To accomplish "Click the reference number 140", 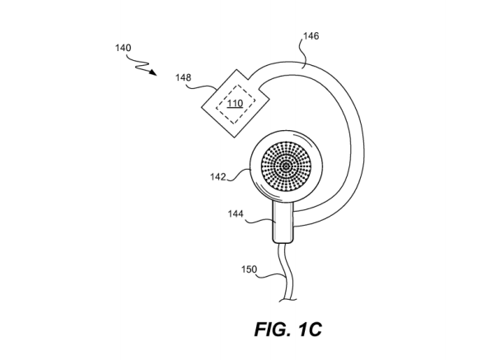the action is (123, 48).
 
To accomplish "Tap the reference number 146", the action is (311, 36).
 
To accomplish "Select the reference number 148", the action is (183, 77).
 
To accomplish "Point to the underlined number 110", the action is (235, 103).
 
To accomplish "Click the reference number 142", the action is (218, 177).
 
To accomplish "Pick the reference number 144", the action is (236, 214).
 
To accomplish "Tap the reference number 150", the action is (250, 269).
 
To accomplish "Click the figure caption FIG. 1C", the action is (288, 330).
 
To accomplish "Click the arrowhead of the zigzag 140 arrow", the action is (152, 72).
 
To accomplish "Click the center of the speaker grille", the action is (286, 166).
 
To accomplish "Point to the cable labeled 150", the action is (286, 272).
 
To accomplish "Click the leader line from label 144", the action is (260, 222).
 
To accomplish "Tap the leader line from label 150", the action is (271, 275).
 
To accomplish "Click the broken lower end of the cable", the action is (288, 301).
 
